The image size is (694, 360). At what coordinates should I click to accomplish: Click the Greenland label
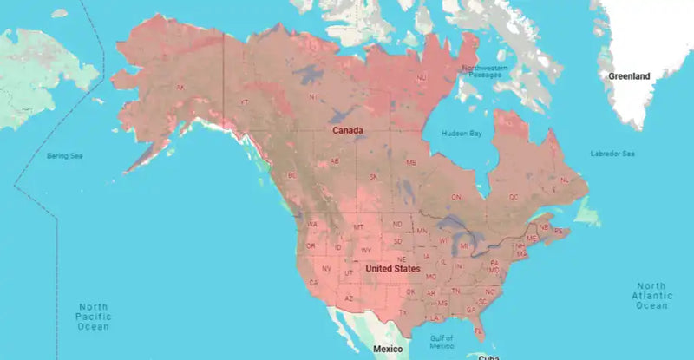click(x=629, y=76)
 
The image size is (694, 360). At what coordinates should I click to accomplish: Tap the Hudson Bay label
click(x=462, y=134)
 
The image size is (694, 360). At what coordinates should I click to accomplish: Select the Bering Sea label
click(x=63, y=155)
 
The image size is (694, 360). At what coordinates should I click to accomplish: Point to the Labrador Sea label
click(x=612, y=154)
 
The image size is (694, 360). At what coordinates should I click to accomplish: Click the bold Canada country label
click(x=345, y=130)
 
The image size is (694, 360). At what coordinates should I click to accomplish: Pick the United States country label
click(x=392, y=269)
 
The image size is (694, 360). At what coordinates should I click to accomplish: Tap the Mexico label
click(x=388, y=349)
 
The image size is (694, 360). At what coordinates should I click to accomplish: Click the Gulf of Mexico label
click(x=442, y=343)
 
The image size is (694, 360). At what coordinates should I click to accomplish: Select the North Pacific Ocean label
click(x=93, y=317)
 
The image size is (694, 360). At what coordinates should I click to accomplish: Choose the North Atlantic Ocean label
click(x=651, y=296)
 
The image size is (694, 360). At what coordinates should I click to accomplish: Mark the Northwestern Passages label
click(x=487, y=70)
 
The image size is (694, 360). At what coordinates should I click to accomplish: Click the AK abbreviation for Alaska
click(x=180, y=88)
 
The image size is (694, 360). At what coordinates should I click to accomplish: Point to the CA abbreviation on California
click(x=312, y=281)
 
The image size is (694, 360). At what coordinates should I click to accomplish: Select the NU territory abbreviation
click(x=422, y=78)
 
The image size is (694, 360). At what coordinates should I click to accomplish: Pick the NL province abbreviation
click(x=565, y=180)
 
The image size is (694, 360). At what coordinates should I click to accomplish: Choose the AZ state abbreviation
click(x=348, y=298)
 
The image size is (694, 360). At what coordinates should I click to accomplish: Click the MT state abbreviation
click(x=357, y=227)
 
